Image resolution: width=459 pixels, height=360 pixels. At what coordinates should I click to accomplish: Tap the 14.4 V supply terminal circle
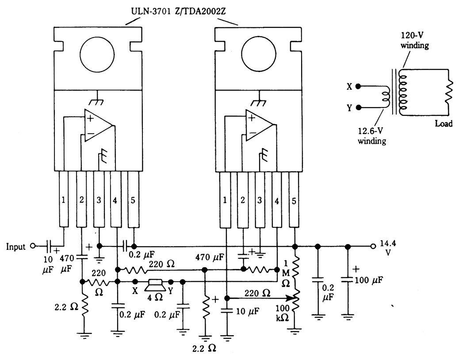click(x=373, y=246)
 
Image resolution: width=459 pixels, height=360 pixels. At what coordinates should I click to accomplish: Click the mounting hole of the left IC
click(x=97, y=55)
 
